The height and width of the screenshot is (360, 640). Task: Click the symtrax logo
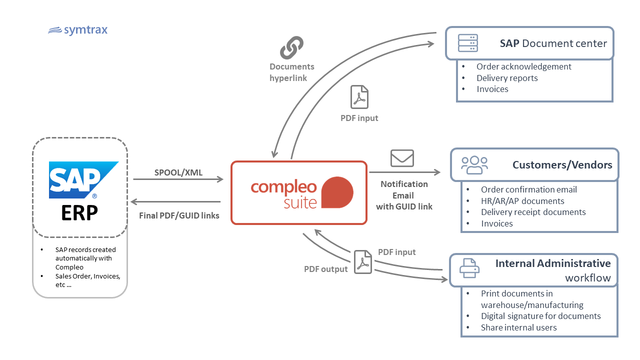[x=77, y=30]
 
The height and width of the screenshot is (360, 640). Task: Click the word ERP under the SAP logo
[x=79, y=213]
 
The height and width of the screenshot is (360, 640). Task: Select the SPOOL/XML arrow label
[x=178, y=172]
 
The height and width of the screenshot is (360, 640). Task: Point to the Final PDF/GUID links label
[x=179, y=216]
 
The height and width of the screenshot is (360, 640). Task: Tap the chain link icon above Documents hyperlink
[x=292, y=48]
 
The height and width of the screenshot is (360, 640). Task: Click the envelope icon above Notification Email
[x=402, y=158]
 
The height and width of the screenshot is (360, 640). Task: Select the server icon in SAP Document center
[x=468, y=43]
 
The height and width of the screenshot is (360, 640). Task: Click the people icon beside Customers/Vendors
[x=474, y=164]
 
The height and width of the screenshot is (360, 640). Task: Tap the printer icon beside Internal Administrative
[x=469, y=269]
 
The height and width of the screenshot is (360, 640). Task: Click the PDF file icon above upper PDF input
[x=359, y=97]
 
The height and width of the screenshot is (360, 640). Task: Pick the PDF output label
[x=325, y=269]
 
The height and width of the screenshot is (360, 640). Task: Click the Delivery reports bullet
[x=506, y=78]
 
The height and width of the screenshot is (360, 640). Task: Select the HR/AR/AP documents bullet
[x=522, y=201]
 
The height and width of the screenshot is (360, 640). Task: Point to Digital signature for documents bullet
[x=540, y=316]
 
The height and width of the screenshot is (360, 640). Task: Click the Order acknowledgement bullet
[x=523, y=66]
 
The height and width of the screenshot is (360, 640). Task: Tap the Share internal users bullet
[x=518, y=327]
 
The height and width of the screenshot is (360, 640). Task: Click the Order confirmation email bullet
[x=528, y=189]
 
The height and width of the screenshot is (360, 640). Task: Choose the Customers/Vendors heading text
[x=562, y=165]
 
